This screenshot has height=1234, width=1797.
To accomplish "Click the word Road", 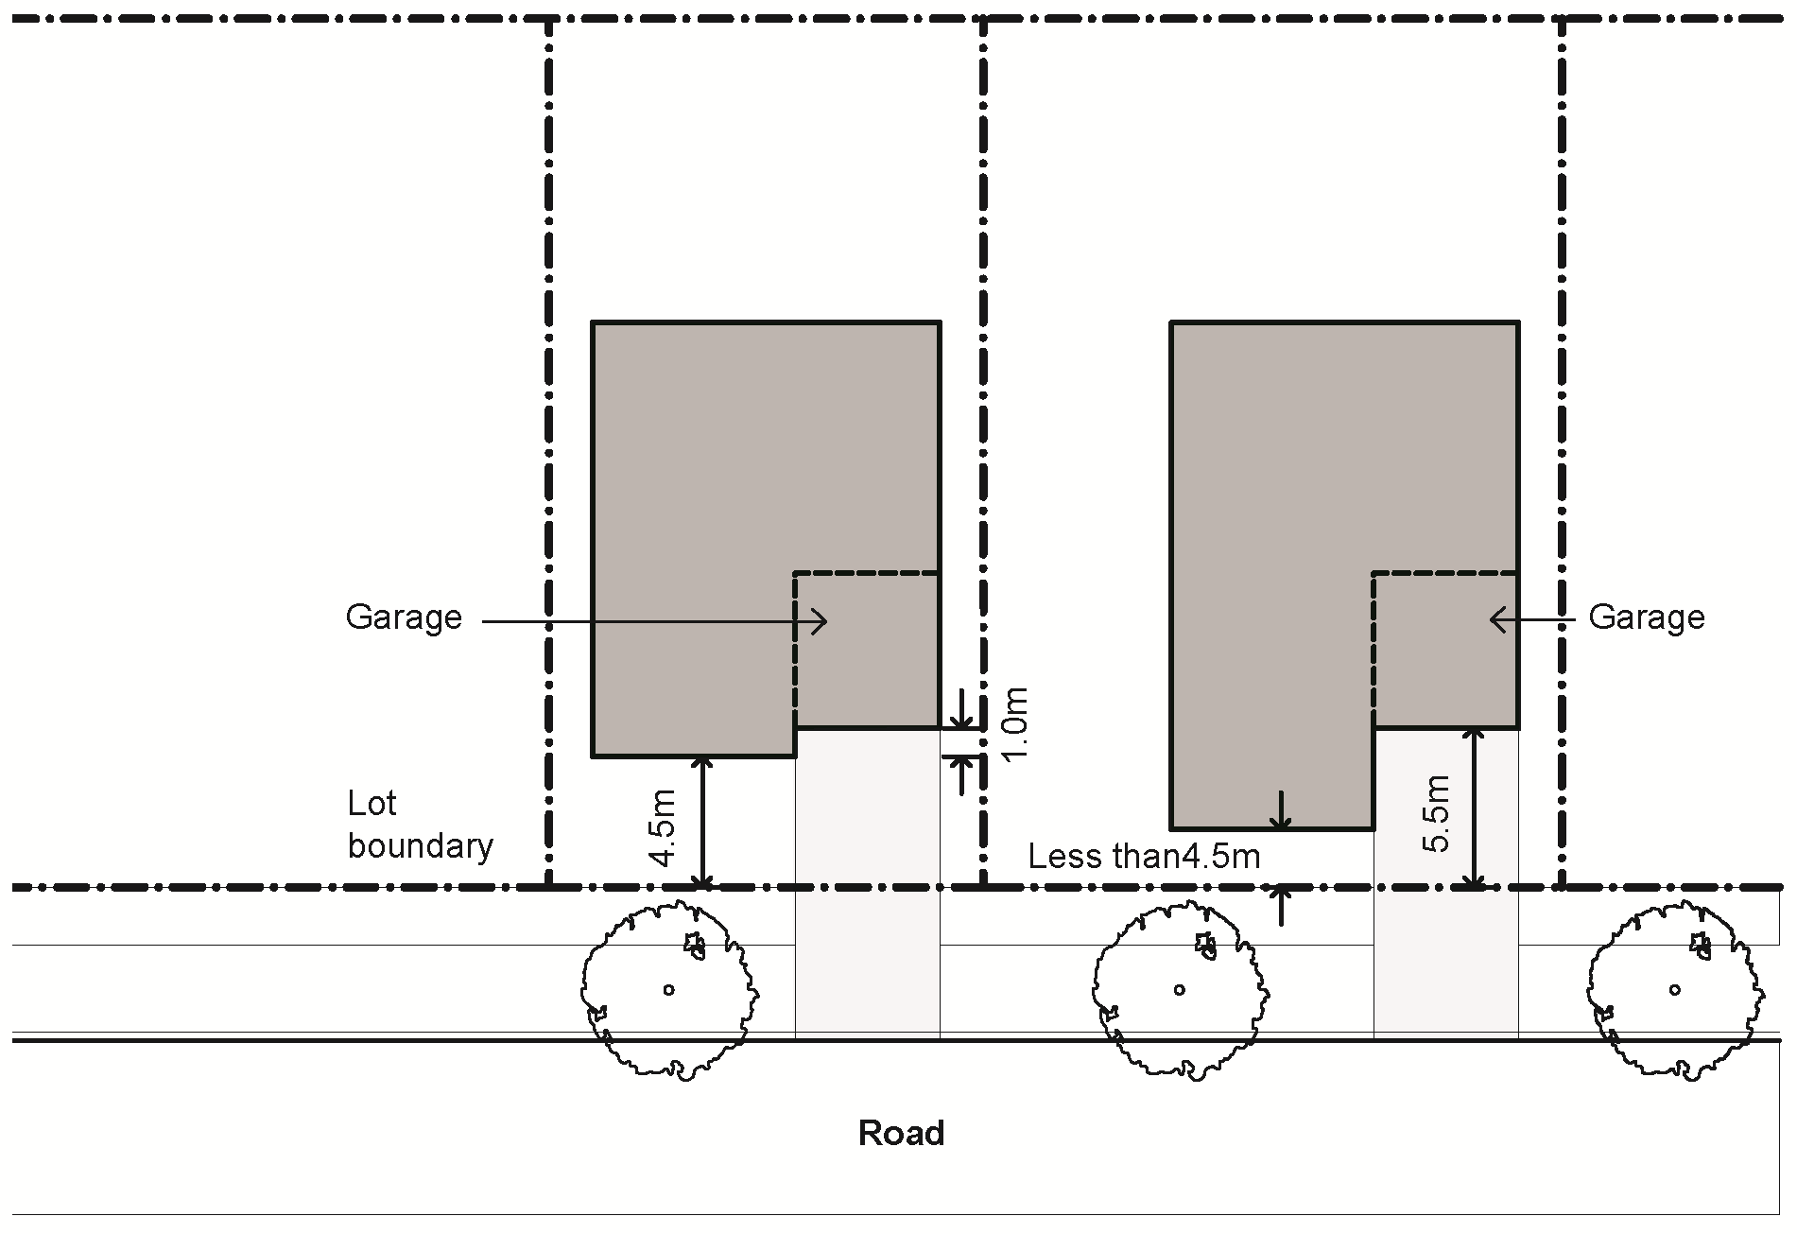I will point(901,1133).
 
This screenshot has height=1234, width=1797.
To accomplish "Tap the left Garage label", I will point(404,617).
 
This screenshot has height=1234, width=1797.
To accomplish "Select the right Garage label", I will point(1646,617).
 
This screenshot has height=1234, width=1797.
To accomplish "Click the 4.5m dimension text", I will point(664,827).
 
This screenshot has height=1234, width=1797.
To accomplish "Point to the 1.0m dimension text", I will point(1014,725).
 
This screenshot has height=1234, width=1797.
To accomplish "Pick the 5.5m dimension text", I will point(1436,813).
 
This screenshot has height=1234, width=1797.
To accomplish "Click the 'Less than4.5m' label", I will point(1144,857).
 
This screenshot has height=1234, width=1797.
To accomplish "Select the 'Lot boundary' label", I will point(420,825).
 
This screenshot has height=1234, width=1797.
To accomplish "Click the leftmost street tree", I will point(668,990).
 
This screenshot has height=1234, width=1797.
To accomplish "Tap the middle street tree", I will point(1180,990).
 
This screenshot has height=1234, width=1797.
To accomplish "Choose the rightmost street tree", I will point(1674,990).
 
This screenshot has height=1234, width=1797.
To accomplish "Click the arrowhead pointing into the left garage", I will point(821,621).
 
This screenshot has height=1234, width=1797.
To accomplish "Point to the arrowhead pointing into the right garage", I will point(1497,620).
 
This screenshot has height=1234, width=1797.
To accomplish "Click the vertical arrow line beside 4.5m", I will point(702,822).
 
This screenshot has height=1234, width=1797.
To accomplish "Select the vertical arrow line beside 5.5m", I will point(1474,808).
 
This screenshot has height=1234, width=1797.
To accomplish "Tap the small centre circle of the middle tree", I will point(1180,990).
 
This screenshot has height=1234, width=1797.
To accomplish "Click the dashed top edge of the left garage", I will point(866,573).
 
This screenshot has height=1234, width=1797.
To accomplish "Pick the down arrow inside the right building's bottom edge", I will point(1281,813).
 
